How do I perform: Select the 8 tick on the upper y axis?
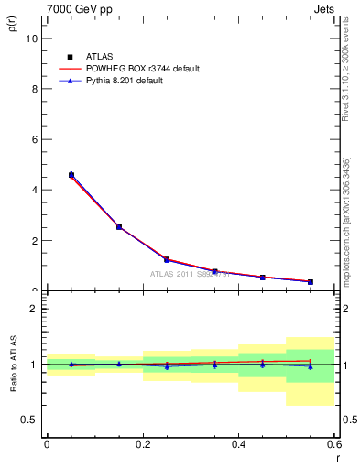click(35, 89)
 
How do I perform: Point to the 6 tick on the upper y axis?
click(35, 139)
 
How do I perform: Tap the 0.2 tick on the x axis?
click(143, 445)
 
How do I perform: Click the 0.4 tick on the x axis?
click(239, 445)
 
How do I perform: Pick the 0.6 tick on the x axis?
click(334, 445)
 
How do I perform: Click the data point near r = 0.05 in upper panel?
click(71, 174)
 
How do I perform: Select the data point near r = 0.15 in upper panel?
click(119, 226)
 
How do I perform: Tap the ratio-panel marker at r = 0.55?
click(311, 366)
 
